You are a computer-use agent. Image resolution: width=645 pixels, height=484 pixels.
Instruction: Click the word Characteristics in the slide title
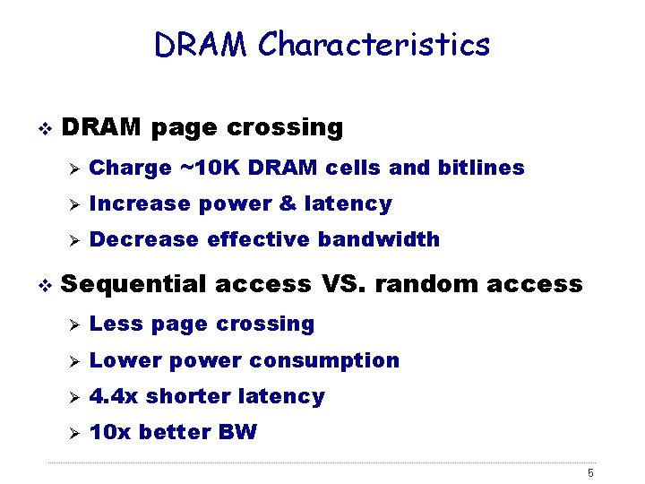pos(374,44)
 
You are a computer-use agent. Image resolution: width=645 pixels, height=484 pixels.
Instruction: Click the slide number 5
pos(591,473)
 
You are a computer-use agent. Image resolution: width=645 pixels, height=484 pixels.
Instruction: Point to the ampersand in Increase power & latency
pos(287,203)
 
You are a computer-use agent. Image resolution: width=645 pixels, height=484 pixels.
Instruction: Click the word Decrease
pos(145,239)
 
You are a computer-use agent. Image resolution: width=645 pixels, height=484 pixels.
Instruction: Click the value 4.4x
pos(115,396)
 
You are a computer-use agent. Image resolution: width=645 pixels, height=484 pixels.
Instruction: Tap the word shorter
pos(186,396)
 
